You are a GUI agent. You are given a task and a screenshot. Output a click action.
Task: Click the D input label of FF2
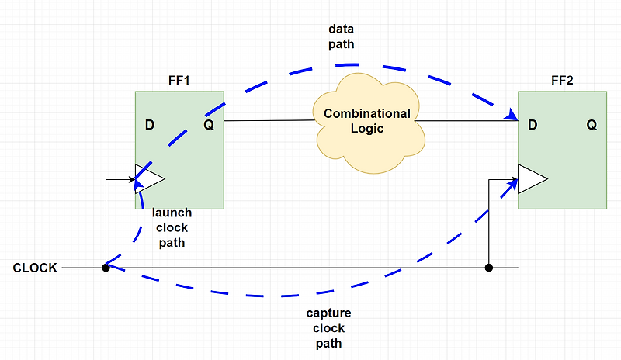pyautogui.click(x=533, y=125)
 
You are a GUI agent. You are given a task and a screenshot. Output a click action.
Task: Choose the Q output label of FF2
pyautogui.click(x=592, y=125)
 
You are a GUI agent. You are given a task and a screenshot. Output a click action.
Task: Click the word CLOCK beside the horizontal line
pyautogui.click(x=35, y=268)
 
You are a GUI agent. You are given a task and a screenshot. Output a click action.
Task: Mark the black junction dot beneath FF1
pyautogui.click(x=105, y=268)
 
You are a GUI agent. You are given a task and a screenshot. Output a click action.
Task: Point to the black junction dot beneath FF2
pyautogui.click(x=488, y=268)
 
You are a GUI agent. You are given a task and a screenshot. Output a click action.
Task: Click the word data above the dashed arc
pyautogui.click(x=342, y=29)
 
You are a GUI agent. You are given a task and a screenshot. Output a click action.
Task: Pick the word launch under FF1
pyautogui.click(x=172, y=213)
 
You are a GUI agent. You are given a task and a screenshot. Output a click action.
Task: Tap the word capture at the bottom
pyautogui.click(x=329, y=313)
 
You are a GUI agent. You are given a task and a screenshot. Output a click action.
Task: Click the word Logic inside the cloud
pyautogui.click(x=367, y=129)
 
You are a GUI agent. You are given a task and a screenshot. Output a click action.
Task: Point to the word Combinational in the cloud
pyautogui.click(x=367, y=114)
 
